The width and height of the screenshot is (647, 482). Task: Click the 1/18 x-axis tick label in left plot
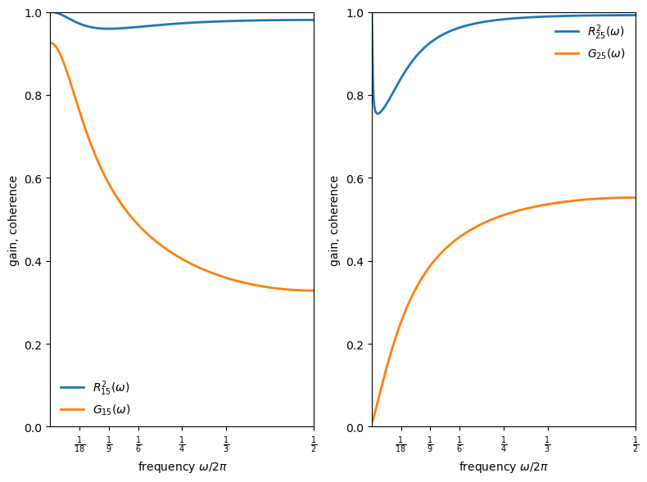79,444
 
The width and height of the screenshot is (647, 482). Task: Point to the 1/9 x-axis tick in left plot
109,444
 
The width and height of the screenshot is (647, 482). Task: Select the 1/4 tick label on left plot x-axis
182,444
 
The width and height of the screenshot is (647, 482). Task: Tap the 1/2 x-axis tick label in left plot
314,444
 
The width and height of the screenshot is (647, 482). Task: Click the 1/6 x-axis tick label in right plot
459,444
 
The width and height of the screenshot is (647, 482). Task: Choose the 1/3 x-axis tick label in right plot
547,444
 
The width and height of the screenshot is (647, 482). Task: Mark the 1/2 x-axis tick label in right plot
635,444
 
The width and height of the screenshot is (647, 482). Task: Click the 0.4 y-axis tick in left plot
36,262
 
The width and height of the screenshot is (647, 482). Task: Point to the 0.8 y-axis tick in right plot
357,96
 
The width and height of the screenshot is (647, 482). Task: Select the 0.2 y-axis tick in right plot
357,345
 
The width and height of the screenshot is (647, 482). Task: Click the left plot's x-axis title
182,466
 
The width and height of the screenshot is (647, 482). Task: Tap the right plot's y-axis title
334,220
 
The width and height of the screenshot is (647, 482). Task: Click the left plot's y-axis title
13,220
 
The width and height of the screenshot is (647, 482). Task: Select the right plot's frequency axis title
503,466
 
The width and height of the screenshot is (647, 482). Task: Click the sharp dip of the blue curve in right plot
378,113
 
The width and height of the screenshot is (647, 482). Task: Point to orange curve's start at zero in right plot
373,423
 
